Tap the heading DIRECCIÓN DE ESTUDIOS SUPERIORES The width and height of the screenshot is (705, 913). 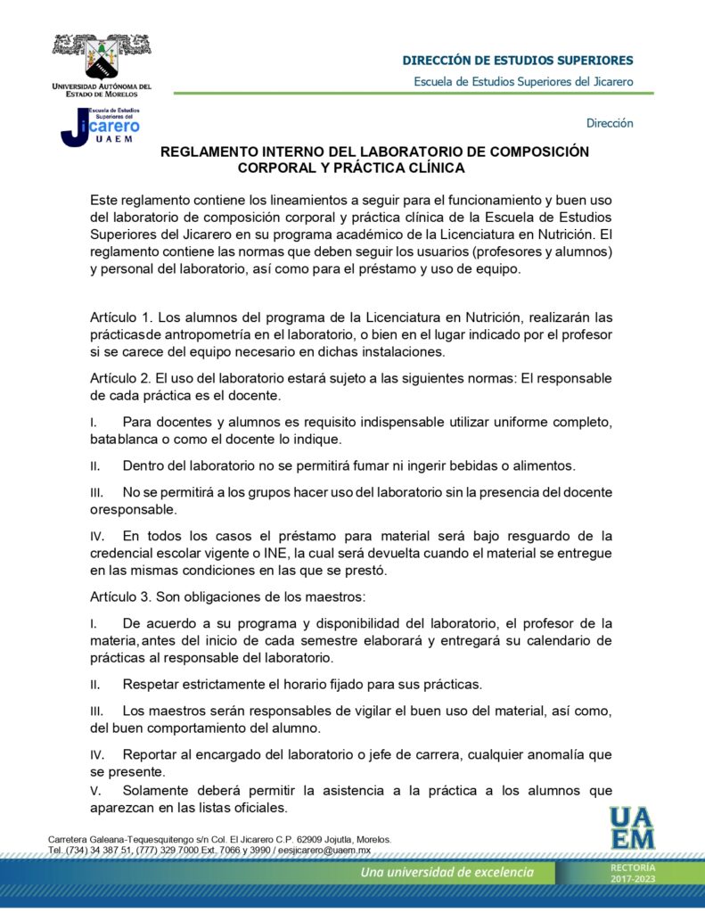point(518,61)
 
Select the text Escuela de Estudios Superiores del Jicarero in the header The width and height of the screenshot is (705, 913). point(523,82)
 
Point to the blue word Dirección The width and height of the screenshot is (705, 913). point(610,123)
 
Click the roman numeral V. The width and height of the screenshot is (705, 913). point(94,791)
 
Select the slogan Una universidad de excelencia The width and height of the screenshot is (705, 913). point(447,872)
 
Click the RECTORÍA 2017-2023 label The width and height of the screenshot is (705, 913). point(633,874)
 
